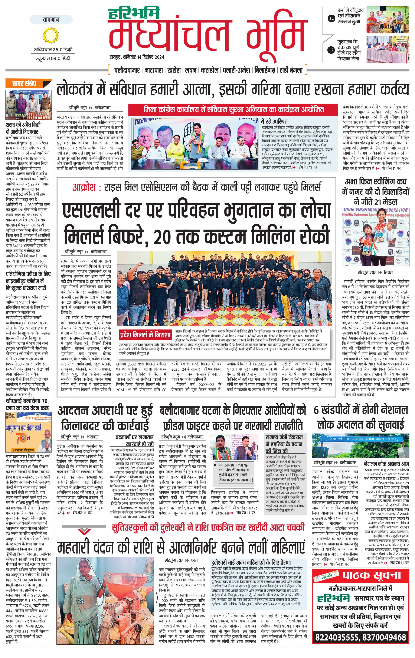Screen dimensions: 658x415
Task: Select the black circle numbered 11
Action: point(331,19)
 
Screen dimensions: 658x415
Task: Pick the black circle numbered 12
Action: point(331,50)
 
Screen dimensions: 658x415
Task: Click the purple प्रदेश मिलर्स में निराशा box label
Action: point(145,335)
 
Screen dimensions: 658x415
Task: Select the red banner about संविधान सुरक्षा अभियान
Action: point(234,110)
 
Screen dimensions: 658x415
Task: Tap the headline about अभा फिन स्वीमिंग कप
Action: point(375,191)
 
